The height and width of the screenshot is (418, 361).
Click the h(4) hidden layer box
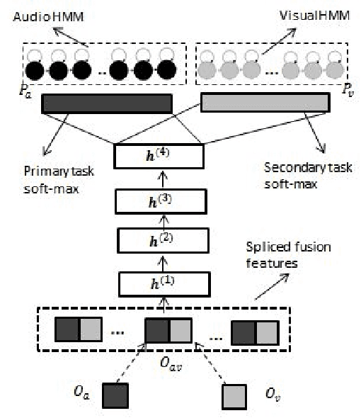[x=159, y=155]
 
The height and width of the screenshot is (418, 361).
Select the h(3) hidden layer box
[x=159, y=203]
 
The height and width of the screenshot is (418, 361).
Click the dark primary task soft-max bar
[x=107, y=104]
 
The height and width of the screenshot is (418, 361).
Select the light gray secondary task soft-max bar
[x=265, y=104]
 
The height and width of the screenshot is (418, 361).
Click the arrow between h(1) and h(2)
[x=159, y=264]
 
